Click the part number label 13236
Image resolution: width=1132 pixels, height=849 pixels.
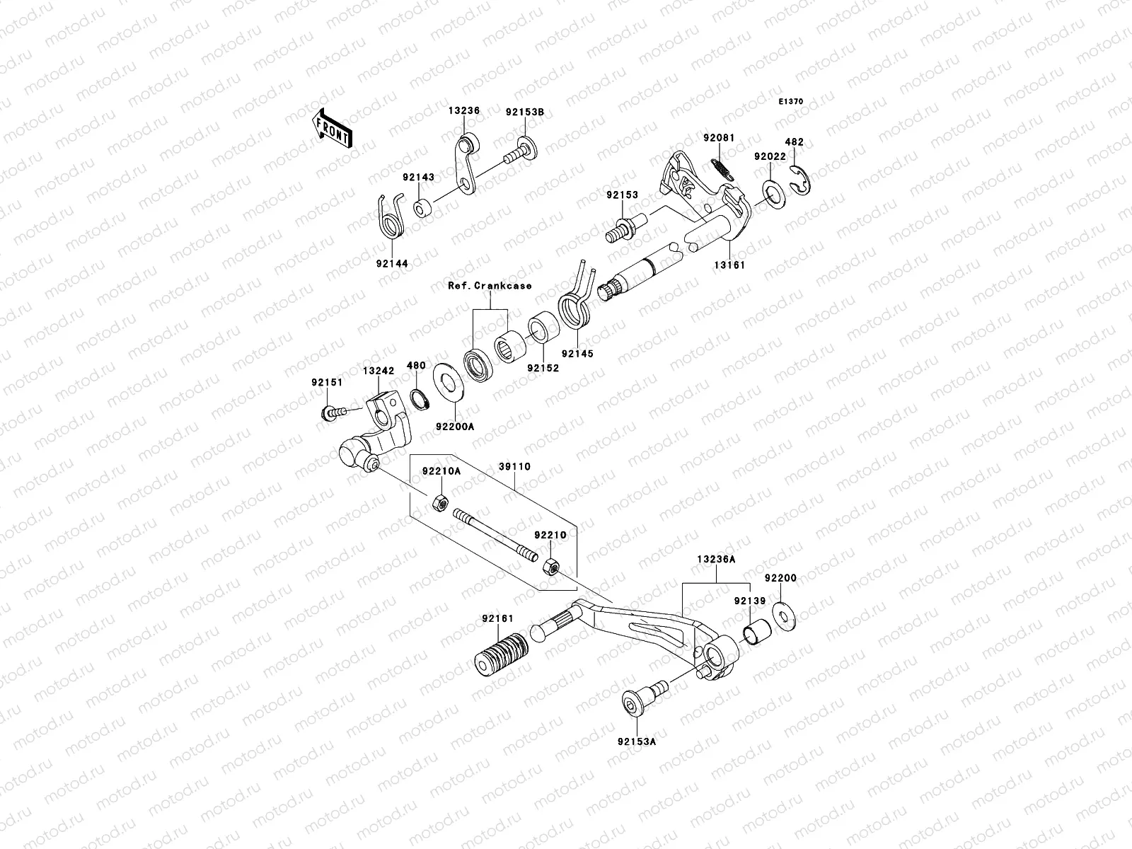tap(463, 111)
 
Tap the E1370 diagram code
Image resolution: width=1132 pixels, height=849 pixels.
tap(791, 102)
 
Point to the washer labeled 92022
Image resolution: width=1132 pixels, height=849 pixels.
tap(773, 196)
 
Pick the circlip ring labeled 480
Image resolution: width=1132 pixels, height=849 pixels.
tap(420, 398)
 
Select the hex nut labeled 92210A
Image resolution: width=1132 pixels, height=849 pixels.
tap(439, 503)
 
